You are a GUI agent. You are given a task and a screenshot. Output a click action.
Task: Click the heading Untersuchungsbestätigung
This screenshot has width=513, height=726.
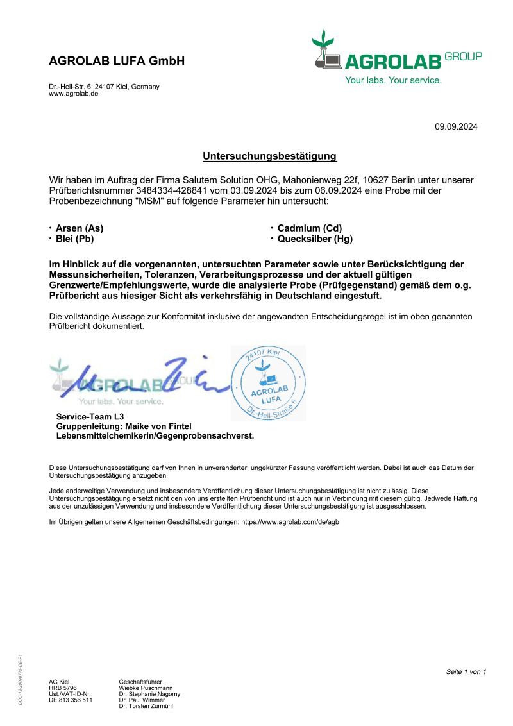pyautogui.click(x=269, y=156)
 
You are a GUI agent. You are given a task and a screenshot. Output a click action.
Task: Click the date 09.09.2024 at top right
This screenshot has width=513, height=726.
pyautogui.click(x=456, y=126)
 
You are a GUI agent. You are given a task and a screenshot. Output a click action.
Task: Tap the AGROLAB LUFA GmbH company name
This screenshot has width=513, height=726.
pyautogui.click(x=117, y=62)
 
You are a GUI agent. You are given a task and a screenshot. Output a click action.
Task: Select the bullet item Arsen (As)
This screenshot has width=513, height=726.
pyautogui.click(x=79, y=228)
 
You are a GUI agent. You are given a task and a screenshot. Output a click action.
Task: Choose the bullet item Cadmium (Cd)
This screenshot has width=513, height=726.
pyautogui.click(x=305, y=228)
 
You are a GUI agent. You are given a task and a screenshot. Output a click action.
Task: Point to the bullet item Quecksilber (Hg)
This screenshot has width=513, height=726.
pyautogui.click(x=315, y=239)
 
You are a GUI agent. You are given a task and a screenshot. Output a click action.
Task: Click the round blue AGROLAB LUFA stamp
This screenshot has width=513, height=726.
pyautogui.click(x=268, y=384)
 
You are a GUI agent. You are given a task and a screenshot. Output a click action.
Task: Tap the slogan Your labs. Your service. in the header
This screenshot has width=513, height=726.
pyautogui.click(x=393, y=80)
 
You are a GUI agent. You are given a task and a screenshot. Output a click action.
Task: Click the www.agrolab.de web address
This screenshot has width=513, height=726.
pyautogui.click(x=73, y=94)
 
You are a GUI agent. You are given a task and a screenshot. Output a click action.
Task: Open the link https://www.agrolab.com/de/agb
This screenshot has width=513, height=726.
pyautogui.click(x=290, y=522)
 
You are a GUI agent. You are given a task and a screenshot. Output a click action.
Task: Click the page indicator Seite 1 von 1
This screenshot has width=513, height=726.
pyautogui.click(x=466, y=671)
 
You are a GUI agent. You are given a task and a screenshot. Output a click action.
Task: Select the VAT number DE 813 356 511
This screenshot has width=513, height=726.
pyautogui.click(x=71, y=700)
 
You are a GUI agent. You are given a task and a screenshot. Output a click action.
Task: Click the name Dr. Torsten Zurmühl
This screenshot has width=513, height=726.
pyautogui.click(x=146, y=706)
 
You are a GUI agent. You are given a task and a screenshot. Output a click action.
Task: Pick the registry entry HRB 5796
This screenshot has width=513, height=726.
pyautogui.click(x=63, y=688)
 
